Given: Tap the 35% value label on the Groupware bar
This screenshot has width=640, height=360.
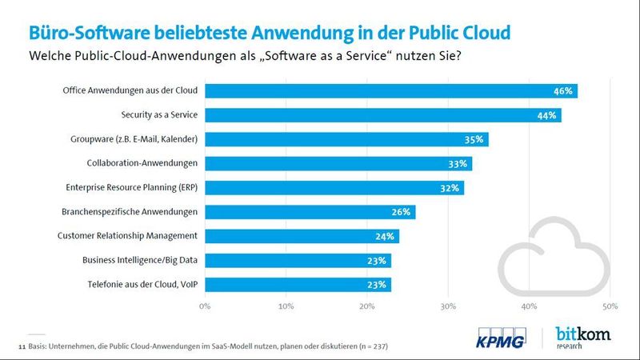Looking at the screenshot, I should [473, 139].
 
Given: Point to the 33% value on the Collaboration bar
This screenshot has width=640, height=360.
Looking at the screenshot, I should [457, 164].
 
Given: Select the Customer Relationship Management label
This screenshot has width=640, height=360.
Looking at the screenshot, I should [127, 236].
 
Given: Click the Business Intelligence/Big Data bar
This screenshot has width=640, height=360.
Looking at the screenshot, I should [298, 260].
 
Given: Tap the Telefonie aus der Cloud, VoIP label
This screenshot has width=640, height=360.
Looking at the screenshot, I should [141, 284].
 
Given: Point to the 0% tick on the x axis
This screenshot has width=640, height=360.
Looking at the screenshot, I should [206, 306].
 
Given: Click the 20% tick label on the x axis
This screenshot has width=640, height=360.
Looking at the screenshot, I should [367, 306].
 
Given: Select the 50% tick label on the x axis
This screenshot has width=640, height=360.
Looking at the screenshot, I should [610, 306].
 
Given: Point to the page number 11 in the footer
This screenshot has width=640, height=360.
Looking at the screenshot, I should [22, 346].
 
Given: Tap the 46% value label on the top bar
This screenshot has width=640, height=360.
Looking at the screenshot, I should [562, 91].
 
